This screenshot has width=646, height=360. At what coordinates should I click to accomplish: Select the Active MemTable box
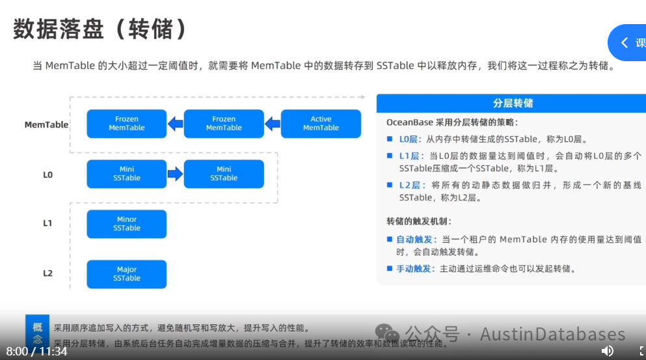pyautogui.click(x=321, y=124)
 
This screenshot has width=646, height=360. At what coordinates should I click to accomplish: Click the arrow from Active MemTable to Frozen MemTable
pyautogui.click(x=273, y=124)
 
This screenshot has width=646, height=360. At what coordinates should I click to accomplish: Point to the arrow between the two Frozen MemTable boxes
pyautogui.click(x=175, y=124)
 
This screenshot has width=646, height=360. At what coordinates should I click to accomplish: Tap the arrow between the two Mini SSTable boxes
pyautogui.click(x=175, y=174)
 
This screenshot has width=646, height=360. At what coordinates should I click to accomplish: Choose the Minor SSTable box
pyautogui.click(x=127, y=224)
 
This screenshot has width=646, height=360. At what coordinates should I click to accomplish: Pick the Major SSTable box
pyautogui.click(x=127, y=274)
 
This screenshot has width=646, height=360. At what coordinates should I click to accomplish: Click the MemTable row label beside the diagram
pyautogui.click(x=46, y=124)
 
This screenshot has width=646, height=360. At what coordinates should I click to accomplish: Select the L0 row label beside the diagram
pyautogui.click(x=47, y=174)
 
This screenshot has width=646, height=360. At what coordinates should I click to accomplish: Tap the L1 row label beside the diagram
pyautogui.click(x=47, y=223)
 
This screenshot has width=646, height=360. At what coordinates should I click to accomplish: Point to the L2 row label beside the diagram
pyautogui.click(x=47, y=273)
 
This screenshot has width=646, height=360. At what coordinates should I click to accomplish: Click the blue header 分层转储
pyautogui.click(x=513, y=104)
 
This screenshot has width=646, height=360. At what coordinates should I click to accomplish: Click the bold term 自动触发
pyautogui.click(x=414, y=240)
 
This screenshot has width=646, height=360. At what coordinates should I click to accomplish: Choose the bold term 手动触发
pyautogui.click(x=414, y=269)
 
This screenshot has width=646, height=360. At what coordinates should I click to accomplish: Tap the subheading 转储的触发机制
pyautogui.click(x=419, y=221)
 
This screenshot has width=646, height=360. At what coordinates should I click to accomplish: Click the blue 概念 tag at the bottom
pyautogui.click(x=38, y=333)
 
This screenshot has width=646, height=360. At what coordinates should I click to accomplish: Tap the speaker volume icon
pyautogui.click(x=607, y=351)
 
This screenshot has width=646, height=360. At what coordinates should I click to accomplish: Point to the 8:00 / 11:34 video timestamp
pyautogui.click(x=37, y=351)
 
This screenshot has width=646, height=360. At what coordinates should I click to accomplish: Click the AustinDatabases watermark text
pyautogui.click(x=552, y=335)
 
